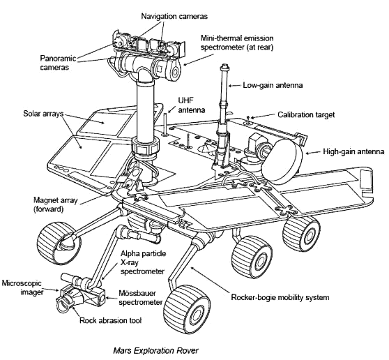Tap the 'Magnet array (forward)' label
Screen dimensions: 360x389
point(29,203)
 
